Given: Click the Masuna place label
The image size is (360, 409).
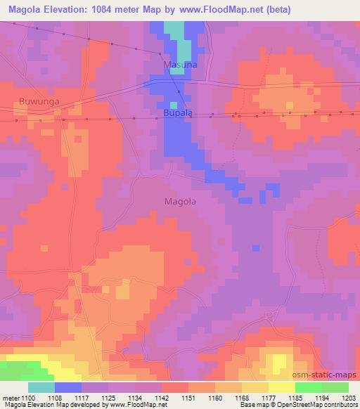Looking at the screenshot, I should (x=178, y=65).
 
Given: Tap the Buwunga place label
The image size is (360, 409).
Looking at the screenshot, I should (x=39, y=101).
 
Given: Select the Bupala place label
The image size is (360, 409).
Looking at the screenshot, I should (x=177, y=112).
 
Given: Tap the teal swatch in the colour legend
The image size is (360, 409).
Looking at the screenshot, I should (x=41, y=387).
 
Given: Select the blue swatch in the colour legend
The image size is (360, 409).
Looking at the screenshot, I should (x=68, y=387).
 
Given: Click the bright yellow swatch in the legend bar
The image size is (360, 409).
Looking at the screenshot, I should (x=282, y=387).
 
